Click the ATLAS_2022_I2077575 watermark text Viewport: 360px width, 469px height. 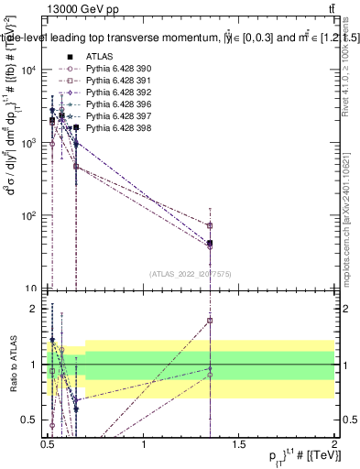point(191,273)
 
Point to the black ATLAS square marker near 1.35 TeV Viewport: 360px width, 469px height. point(211,243)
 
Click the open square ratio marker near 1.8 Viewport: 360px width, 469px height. point(211,321)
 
